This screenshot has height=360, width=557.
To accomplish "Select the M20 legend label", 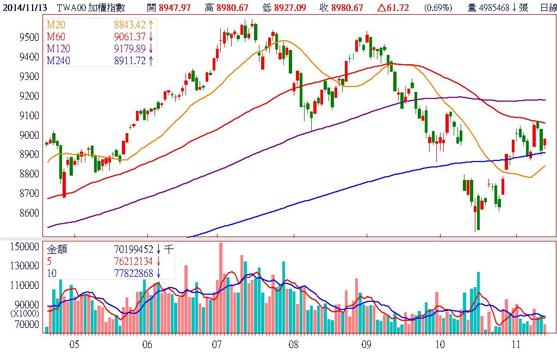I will tap(55, 26).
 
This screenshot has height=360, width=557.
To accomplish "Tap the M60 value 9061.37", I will tap(129, 37).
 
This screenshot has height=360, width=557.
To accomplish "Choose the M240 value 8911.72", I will tap(129, 60).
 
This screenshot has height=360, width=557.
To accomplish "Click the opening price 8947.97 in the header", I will tap(176, 7).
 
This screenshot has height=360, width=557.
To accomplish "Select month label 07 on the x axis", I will tap(217, 345).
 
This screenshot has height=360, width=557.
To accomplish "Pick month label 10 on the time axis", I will tap(440, 345).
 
